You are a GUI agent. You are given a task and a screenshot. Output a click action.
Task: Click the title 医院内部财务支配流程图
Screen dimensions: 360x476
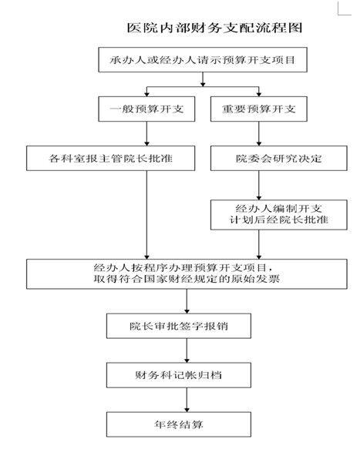pyautogui.click(x=214, y=28)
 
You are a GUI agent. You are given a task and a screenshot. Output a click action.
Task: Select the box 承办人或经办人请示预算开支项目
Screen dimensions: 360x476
pyautogui.click(x=203, y=59)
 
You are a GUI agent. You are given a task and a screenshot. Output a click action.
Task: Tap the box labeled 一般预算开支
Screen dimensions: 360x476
pyautogui.click(x=146, y=109)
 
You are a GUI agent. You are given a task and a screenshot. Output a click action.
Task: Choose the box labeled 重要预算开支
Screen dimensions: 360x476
pyautogui.click(x=259, y=109)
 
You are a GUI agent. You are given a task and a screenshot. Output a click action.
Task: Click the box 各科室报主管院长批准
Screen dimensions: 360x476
pyautogui.click(x=110, y=158)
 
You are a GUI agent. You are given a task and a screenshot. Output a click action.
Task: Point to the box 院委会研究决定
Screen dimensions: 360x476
pyautogui.click(x=279, y=158)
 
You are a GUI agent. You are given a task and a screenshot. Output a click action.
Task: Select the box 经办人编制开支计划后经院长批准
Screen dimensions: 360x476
pyautogui.click(x=279, y=215)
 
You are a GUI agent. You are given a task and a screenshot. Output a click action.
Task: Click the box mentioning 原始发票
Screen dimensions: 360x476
pyautogui.click(x=187, y=274)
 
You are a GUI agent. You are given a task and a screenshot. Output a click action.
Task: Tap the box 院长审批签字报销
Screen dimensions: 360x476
pyautogui.click(x=179, y=326)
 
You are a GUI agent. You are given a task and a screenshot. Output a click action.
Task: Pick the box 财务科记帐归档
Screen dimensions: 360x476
pyautogui.click(x=179, y=375)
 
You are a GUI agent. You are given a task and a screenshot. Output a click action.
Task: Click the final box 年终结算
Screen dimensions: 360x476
pyautogui.click(x=179, y=424)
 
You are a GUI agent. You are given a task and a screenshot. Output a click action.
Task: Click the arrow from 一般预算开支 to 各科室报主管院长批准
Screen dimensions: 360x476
pyautogui.click(x=146, y=133)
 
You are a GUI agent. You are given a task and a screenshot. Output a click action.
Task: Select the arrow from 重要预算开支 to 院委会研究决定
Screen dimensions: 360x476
pyautogui.click(x=259, y=133)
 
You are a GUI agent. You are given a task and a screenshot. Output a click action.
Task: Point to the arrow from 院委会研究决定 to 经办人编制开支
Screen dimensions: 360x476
pyautogui.click(x=259, y=185)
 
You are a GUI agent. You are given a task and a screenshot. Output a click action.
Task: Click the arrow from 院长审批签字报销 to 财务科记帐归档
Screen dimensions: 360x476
pyautogui.click(x=187, y=350)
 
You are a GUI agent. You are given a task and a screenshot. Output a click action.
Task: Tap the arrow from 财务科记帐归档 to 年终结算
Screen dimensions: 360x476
pyautogui.click(x=187, y=400)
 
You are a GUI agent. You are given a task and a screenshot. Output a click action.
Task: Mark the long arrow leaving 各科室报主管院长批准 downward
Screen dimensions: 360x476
pyautogui.click(x=146, y=215)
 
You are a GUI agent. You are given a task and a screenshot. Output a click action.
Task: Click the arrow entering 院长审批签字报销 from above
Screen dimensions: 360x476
pyautogui.click(x=187, y=301)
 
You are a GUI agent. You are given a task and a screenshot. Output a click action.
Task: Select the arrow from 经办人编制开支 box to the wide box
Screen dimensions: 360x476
pyautogui.click(x=259, y=244)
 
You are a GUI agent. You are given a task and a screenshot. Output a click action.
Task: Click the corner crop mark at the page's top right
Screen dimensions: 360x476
pyautogui.click(x=338, y=14)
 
